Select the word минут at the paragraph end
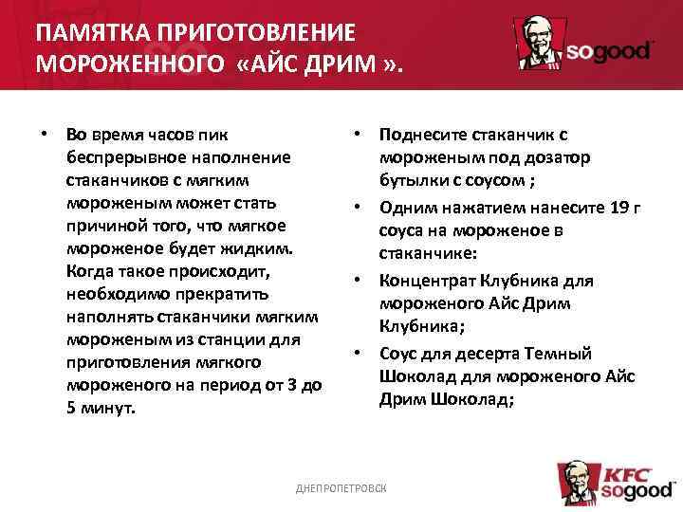pyautogui.click(x=107, y=408)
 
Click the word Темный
pyautogui.click(x=564, y=354)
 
